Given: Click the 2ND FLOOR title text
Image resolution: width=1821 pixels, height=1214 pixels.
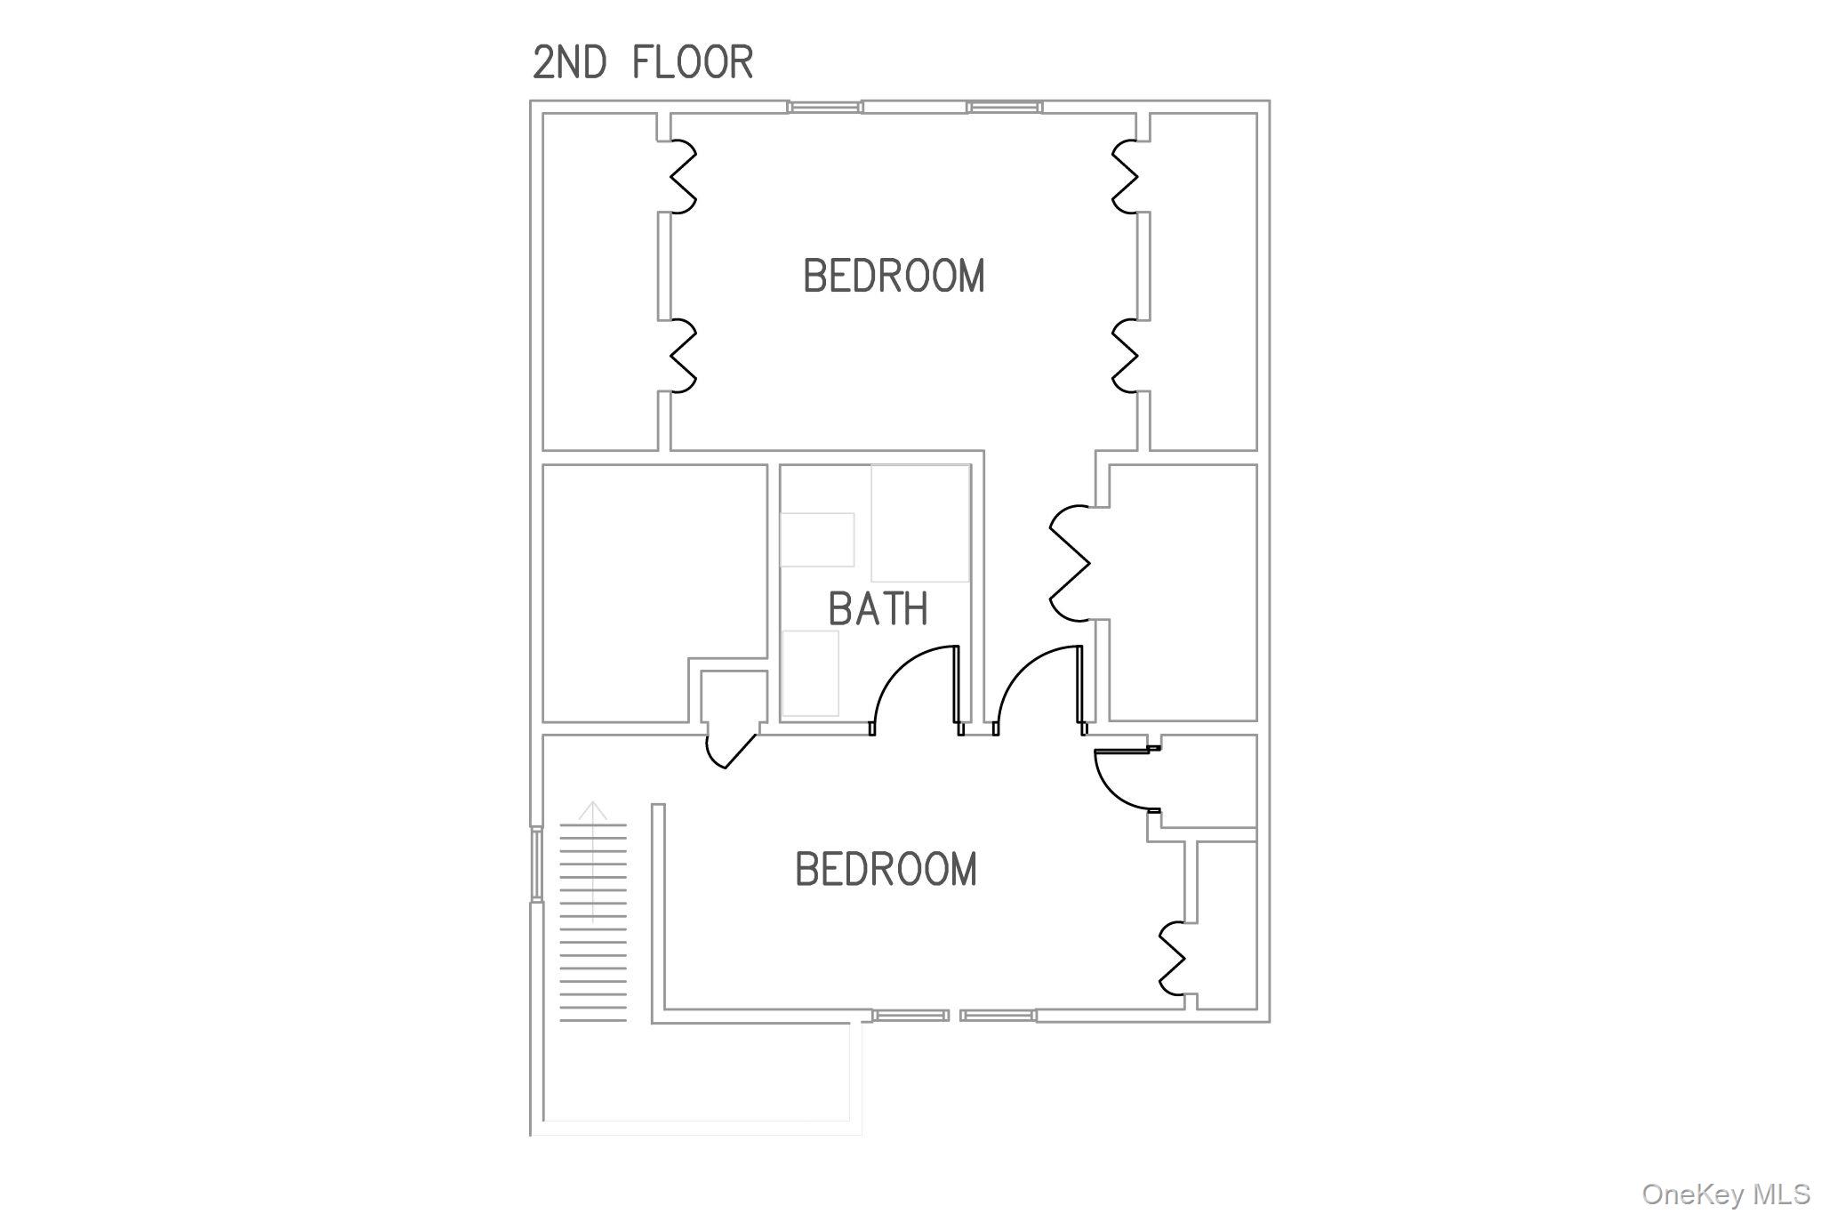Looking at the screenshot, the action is (643, 62).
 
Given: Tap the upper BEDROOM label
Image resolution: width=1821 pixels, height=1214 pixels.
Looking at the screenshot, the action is (894, 276).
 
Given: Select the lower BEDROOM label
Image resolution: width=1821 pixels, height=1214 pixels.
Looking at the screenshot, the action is (886, 869).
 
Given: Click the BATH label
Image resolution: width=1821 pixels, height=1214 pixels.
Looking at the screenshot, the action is (878, 609).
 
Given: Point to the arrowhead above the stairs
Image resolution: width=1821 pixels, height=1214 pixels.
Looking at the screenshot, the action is (593, 810).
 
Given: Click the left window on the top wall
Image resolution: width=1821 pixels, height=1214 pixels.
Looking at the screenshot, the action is (824, 107).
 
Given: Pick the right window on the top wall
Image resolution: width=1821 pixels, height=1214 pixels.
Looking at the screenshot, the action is (1005, 107).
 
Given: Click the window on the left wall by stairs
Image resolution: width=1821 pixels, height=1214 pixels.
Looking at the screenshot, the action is (536, 864).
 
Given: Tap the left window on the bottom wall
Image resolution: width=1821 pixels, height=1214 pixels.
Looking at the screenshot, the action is (910, 1015).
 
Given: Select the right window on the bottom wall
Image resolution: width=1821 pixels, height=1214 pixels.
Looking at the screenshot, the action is (998, 1015).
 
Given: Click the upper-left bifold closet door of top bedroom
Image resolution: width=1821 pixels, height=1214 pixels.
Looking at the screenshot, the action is (682, 177).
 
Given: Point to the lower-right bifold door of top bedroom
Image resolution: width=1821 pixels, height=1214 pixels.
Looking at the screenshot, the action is (1125, 355).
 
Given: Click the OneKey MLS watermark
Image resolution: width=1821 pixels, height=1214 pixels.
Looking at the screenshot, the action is (1726, 1194).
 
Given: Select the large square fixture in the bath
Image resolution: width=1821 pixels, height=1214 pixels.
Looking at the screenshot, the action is (920, 523).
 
